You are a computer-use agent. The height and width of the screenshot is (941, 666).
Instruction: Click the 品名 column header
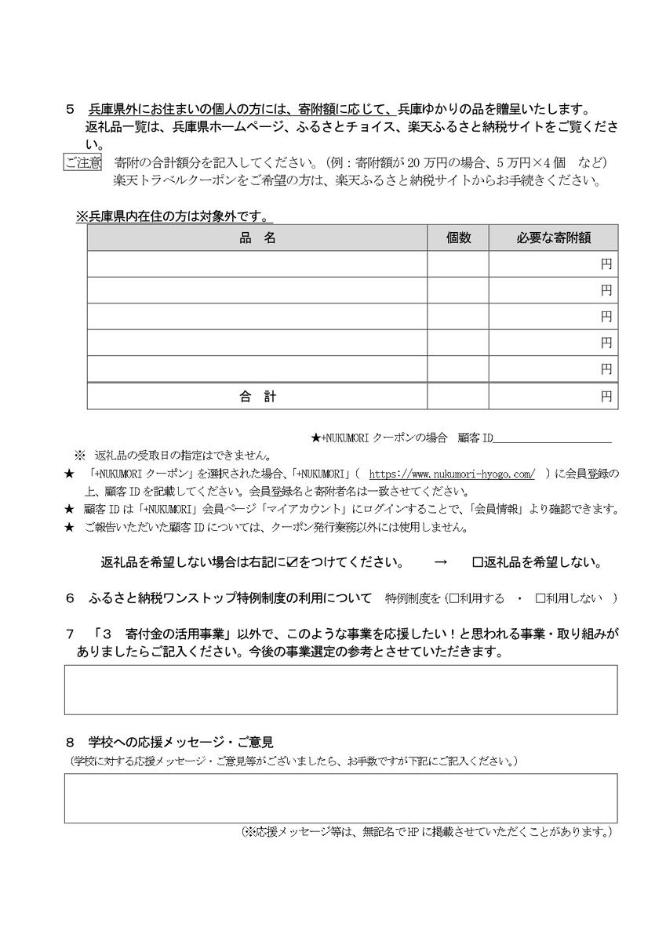(x=257, y=238)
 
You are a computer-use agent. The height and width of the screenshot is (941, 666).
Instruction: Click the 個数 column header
(x=458, y=238)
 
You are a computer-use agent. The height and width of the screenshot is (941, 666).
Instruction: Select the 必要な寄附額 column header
(x=553, y=238)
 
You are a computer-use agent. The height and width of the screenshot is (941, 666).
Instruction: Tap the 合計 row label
(x=257, y=397)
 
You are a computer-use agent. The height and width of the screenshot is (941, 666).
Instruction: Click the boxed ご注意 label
(x=82, y=163)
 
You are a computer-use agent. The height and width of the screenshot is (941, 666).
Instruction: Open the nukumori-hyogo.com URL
(x=451, y=474)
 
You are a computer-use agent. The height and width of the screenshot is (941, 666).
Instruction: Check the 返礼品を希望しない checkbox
(x=478, y=562)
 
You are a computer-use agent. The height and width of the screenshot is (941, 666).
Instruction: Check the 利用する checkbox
(x=453, y=599)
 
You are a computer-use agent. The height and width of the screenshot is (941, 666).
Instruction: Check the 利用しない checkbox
(x=540, y=599)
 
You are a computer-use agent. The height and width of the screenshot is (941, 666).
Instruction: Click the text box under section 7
(x=340, y=690)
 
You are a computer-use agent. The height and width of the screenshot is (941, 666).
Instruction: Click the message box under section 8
(x=340, y=798)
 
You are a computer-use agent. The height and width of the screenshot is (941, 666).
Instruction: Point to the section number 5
(x=71, y=110)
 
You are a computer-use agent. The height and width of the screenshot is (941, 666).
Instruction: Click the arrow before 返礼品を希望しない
(x=440, y=562)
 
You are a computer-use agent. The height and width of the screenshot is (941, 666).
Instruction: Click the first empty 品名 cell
(x=257, y=264)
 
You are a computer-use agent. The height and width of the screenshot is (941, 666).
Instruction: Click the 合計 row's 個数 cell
(x=458, y=397)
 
